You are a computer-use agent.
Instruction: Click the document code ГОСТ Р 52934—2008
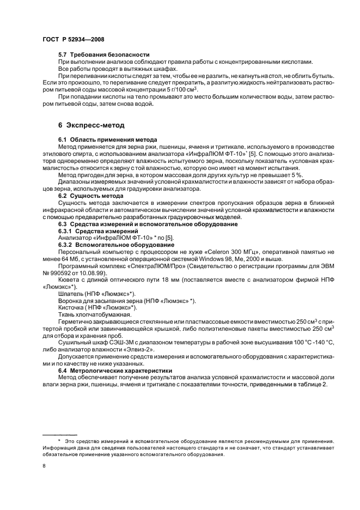pos(74,39)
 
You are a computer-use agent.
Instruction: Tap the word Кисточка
pos(72,308)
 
